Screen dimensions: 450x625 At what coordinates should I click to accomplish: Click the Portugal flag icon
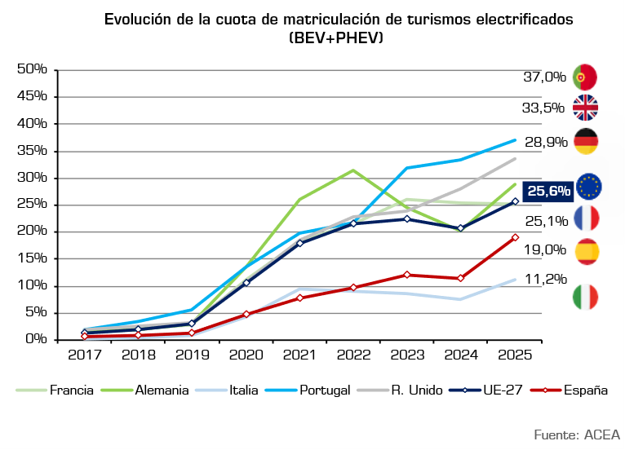pos(586,77)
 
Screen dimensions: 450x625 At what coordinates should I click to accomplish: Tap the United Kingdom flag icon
pos(586,108)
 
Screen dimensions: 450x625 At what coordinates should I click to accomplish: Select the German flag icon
pos(586,141)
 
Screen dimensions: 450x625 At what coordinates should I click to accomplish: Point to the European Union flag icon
pos(588,187)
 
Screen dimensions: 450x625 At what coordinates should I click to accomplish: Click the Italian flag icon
pos(586,297)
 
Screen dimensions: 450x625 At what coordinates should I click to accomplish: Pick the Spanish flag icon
pos(587,252)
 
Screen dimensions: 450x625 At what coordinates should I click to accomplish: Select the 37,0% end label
pos(544,77)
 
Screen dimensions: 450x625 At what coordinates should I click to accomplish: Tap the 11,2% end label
pos(544,279)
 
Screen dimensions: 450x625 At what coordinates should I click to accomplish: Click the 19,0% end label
pos(544,249)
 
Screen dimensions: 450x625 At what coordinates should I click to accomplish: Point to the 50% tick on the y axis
pos(32,68)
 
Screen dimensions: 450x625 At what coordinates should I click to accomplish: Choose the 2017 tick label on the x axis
pos(84,355)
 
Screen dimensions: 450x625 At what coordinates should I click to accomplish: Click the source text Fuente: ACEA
pos(578,433)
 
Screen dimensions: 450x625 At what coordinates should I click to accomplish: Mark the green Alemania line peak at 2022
pos(352,170)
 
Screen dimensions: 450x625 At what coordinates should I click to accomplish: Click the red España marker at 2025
pos(515,237)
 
